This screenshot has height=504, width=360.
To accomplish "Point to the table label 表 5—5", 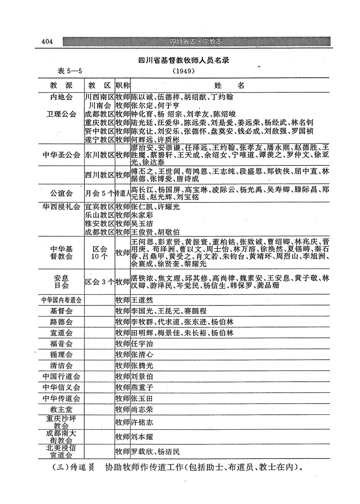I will pos(70,71).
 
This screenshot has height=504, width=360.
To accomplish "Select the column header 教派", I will pos(61,85).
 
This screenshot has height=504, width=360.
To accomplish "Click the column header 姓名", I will pos(229,85).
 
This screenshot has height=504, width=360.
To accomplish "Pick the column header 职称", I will pos(123,85).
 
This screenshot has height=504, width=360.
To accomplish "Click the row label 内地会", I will pos(61,97).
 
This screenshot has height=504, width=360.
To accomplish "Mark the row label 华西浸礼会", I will pos(61,207).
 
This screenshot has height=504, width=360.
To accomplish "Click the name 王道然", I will pos(142,300).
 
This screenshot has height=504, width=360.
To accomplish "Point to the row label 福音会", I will pos(61,344).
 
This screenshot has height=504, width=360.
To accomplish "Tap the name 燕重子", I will pos(142,387).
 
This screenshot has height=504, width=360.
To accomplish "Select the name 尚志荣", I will pos(142,410).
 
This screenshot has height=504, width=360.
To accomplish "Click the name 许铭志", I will pos(142,422).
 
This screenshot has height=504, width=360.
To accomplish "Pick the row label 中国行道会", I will pos(61,376).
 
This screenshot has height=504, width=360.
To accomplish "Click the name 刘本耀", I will pos(142,437).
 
